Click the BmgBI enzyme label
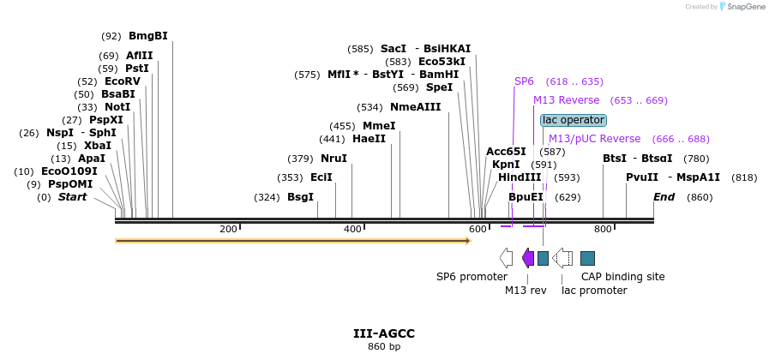pyautogui.click(x=147, y=36)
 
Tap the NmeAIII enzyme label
pyautogui.click(x=415, y=107)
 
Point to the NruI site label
pyautogui.click(x=333, y=159)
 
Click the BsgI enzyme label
pyautogui.click(x=300, y=197)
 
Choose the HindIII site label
pyautogui.click(x=520, y=177)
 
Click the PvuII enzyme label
pyautogui.click(x=642, y=177)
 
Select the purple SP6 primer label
pyautogui.click(x=524, y=81)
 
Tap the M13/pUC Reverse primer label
pyautogui.click(x=594, y=139)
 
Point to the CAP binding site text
pyautogui.click(x=622, y=277)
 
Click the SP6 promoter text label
pyautogui.click(x=472, y=277)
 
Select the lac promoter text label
pyautogui.click(x=594, y=291)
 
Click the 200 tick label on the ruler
pyautogui.click(x=228, y=229)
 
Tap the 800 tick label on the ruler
pyautogui.click(x=603, y=229)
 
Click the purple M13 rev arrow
pyautogui.click(x=528, y=258)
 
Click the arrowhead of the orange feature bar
pyautogui.click(x=468, y=241)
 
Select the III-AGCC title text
pyautogui.click(x=384, y=333)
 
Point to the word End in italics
pyautogui.click(x=664, y=197)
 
